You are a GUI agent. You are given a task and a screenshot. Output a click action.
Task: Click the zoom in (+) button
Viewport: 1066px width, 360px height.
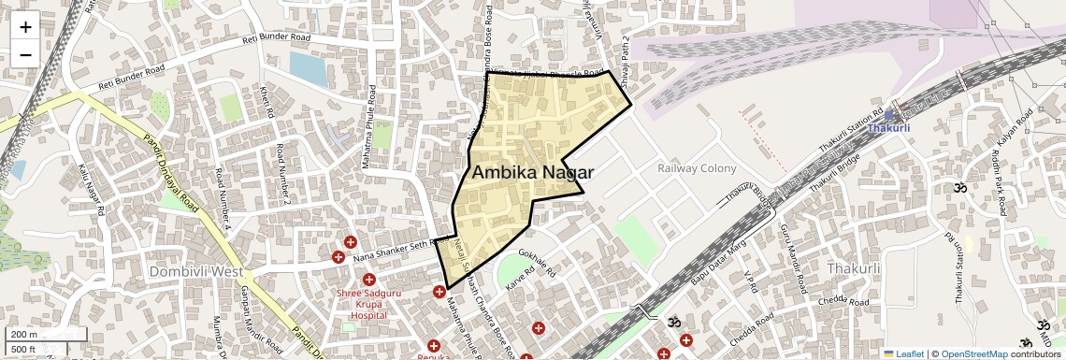pyautogui.click(x=25, y=27)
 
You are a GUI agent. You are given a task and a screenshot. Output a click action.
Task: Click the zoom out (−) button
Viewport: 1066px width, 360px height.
pyautogui.click(x=25, y=54)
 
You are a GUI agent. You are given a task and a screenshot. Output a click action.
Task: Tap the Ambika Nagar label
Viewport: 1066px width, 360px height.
pyautogui.click(x=533, y=172)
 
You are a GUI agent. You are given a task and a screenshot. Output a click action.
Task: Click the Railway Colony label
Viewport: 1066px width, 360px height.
pyautogui.click(x=697, y=168)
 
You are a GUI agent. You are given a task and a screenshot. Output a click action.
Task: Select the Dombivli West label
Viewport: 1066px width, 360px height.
pyautogui.click(x=195, y=270)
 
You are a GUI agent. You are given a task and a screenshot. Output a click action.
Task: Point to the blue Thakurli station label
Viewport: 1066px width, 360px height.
pyautogui.click(x=887, y=128)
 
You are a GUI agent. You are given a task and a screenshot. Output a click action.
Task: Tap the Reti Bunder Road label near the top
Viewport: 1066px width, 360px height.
pyautogui.click(x=276, y=39)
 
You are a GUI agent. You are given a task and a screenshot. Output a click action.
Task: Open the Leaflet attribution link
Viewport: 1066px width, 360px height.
pyautogui.click(x=903, y=353)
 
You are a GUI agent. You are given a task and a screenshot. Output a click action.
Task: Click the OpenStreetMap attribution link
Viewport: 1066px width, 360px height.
pyautogui.click(x=973, y=353)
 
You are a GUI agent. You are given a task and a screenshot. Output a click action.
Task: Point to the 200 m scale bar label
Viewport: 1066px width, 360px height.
pyautogui.click(x=24, y=335)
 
